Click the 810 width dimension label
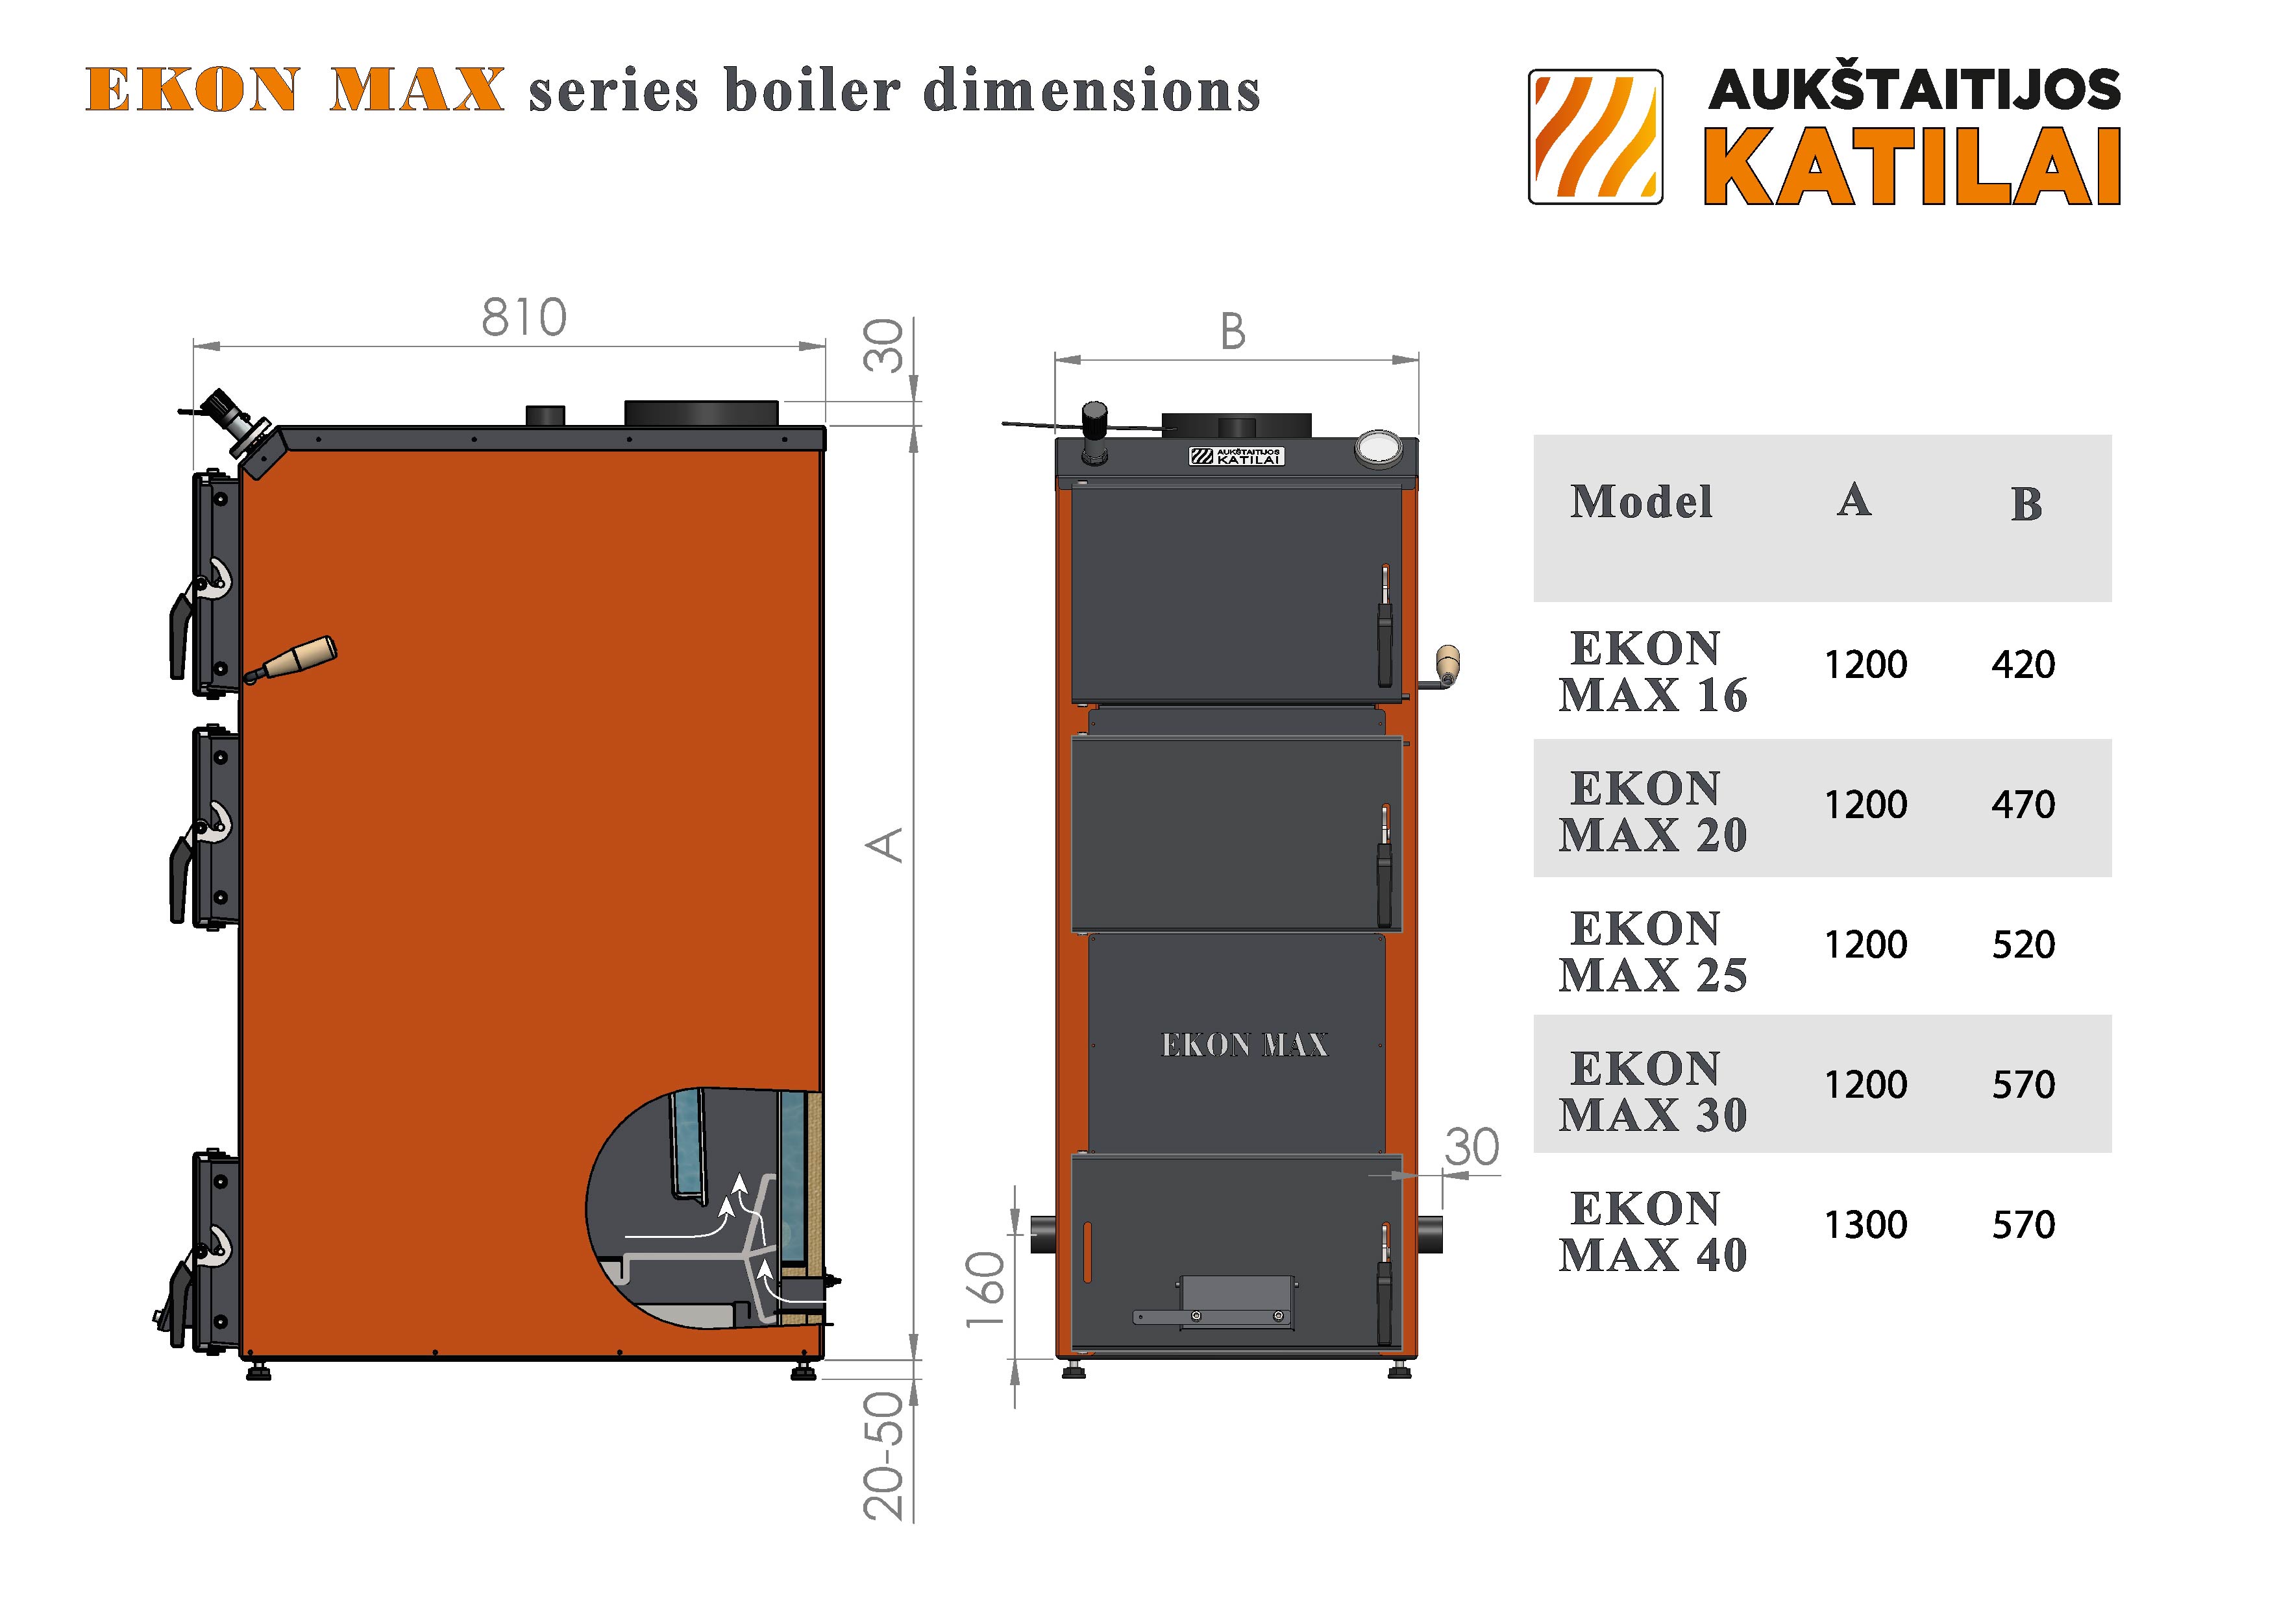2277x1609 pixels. click(x=524, y=318)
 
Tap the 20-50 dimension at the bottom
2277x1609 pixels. click(x=883, y=1455)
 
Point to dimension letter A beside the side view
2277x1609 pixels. click(x=885, y=845)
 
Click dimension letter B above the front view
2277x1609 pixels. click(x=1233, y=332)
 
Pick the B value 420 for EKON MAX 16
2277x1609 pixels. click(x=2023, y=664)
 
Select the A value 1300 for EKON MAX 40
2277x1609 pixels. click(x=1865, y=1226)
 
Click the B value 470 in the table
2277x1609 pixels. click(x=2023, y=804)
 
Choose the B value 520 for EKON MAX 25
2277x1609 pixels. click(x=2023, y=945)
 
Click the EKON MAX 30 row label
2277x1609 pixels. click(x=1652, y=1091)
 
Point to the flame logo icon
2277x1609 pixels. click(x=1595, y=137)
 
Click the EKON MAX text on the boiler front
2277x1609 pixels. click(x=1244, y=1045)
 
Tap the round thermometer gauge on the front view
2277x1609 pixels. click(x=1379, y=448)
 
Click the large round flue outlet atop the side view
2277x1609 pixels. click(x=701, y=413)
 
